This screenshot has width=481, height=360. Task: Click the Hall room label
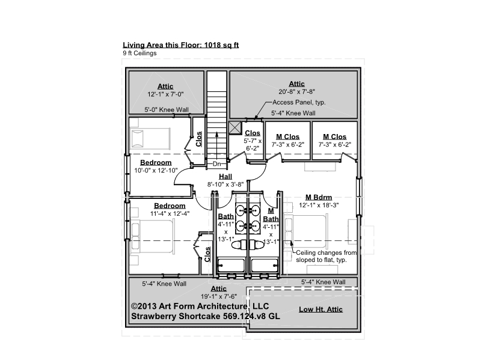[x=225, y=177]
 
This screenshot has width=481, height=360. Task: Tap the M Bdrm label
[x=319, y=198]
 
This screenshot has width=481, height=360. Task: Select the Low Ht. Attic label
[x=320, y=310]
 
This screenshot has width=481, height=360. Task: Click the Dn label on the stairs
[x=216, y=163]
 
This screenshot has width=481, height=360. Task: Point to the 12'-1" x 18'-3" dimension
[x=319, y=206]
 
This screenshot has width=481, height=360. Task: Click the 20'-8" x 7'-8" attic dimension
[x=296, y=91]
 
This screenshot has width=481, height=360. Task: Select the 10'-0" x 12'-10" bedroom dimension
[x=156, y=171]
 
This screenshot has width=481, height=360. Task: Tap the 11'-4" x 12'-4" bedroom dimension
[x=170, y=214]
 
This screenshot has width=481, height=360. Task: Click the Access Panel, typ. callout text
[x=299, y=102]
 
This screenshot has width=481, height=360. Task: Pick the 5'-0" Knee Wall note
[x=167, y=110]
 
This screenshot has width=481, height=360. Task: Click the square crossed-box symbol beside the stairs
[x=235, y=127]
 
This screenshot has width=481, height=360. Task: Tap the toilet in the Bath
[x=239, y=245]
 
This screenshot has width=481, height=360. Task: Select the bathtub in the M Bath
[x=265, y=265]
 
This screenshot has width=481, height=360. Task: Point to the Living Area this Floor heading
[x=181, y=45]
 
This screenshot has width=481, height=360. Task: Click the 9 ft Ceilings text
[x=139, y=53]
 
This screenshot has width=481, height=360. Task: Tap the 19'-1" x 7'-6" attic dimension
[x=219, y=296]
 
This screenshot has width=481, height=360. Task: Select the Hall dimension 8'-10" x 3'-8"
[x=225, y=185]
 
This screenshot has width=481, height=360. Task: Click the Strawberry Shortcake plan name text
[x=206, y=317]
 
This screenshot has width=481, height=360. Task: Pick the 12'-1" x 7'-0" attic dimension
[x=165, y=94]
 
